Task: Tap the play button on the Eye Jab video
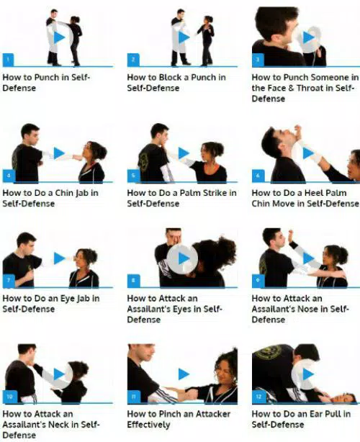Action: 59,258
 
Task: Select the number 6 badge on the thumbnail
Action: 258,176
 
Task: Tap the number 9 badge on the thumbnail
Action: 258,281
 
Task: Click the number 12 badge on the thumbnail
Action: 258,396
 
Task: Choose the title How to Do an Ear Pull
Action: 301,419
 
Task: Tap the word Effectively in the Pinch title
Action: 151,425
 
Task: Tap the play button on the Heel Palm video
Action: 308,153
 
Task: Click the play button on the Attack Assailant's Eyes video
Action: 184,258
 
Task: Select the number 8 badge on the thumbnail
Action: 133,281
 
